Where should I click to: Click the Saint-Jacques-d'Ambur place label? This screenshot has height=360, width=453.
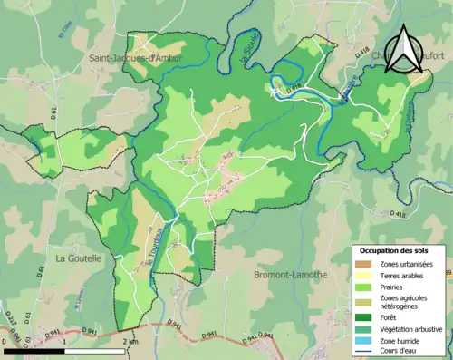tap(136, 59)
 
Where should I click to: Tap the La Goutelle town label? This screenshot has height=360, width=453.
tap(79, 258)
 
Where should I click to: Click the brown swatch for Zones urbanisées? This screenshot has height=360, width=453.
tap(362, 264)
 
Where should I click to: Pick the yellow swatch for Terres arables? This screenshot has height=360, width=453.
tap(362, 276)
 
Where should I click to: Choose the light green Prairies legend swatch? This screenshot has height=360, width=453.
tap(362, 287)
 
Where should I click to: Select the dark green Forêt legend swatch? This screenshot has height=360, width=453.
tap(362, 316)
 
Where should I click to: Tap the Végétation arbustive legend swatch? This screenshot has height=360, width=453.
tap(362, 327)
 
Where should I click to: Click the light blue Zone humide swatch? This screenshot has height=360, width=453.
tap(362, 339)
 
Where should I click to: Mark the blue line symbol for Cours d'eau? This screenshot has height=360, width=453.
tap(362, 351)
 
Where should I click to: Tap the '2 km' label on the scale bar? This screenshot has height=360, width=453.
tap(130, 343)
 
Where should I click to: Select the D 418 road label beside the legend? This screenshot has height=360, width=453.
tap(399, 213)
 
